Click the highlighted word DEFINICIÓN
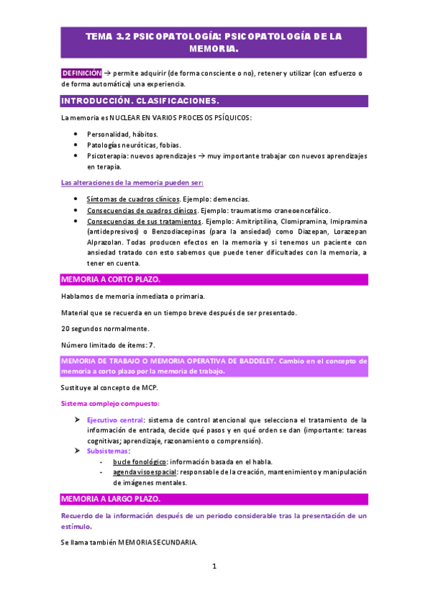click(x=81, y=73)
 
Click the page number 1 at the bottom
click(x=214, y=567)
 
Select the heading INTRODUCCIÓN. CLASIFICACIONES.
click(x=139, y=101)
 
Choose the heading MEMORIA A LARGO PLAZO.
click(x=111, y=498)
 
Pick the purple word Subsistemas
click(x=108, y=452)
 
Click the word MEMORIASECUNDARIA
click(x=156, y=543)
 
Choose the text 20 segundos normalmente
click(x=105, y=329)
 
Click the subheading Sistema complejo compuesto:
click(x=109, y=404)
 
